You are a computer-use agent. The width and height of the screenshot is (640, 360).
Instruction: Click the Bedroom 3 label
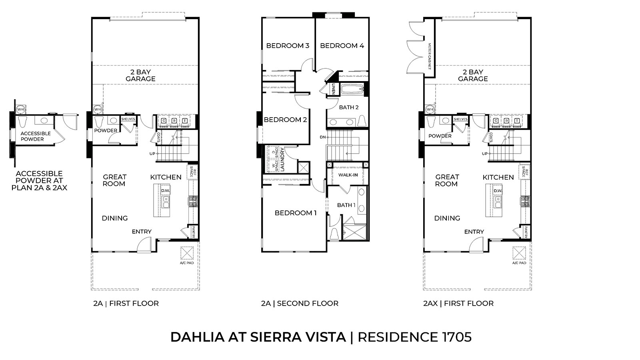click(x=288, y=46)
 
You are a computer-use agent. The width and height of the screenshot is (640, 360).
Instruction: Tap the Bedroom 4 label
click(x=342, y=46)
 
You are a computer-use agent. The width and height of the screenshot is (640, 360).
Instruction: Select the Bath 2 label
click(x=349, y=107)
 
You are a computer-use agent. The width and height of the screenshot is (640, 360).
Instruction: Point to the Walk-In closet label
click(x=348, y=175)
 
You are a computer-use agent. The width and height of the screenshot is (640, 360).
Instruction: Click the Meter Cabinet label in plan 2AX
click(x=430, y=56)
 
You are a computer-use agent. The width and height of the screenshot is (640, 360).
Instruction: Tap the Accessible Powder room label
click(x=36, y=136)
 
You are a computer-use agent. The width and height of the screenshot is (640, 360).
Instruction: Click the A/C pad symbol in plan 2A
click(x=187, y=253)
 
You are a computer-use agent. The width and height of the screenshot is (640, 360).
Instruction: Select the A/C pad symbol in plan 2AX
click(x=519, y=253)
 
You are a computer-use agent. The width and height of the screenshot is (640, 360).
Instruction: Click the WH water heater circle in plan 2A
click(x=97, y=109)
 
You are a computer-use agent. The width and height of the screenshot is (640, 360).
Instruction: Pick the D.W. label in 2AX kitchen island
click(x=498, y=191)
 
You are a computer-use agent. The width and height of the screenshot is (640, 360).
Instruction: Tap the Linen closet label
click(x=333, y=89)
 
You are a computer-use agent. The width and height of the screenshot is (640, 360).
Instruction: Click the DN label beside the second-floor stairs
click(x=322, y=137)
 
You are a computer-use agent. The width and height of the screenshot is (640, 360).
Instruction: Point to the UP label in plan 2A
click(x=152, y=154)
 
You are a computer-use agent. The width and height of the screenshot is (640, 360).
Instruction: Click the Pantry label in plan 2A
click(x=193, y=232)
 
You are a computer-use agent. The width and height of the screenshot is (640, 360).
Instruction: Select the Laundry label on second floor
click(x=282, y=160)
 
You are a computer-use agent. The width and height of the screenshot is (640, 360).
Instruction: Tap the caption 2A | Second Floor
click(x=300, y=303)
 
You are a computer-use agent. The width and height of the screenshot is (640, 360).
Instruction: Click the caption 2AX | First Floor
click(x=458, y=303)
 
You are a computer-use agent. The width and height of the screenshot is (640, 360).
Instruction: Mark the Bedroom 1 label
click(x=296, y=213)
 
